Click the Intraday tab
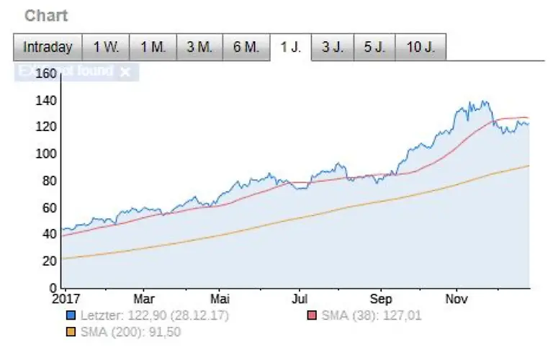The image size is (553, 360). tap(48, 48)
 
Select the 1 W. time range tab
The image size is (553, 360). tap(106, 48)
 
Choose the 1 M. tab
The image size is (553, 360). tap(153, 48)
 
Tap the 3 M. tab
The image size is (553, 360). tap(199, 48)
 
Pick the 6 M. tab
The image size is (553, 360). tap(246, 48)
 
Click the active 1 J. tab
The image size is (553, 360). tap(291, 48)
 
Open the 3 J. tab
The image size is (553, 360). tap(333, 48)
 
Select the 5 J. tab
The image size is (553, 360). tap(374, 48)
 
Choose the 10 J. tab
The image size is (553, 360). tap(421, 48)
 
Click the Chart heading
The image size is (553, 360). tap(46, 15)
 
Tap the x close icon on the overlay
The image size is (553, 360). tap(125, 71)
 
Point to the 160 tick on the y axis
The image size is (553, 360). tap(46, 73)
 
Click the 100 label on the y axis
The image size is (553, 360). tap(46, 153)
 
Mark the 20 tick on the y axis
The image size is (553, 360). tap(50, 261)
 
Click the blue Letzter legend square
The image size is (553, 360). tap(71, 315)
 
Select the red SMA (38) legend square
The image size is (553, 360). tap(313, 315)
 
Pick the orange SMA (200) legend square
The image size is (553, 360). tap(71, 331)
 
